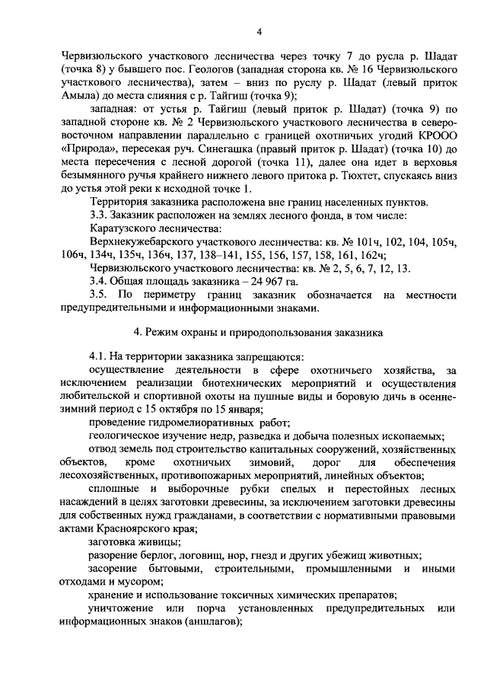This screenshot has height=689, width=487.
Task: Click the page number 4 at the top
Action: [x=259, y=31]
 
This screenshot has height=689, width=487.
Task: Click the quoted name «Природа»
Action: [x=86, y=151]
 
